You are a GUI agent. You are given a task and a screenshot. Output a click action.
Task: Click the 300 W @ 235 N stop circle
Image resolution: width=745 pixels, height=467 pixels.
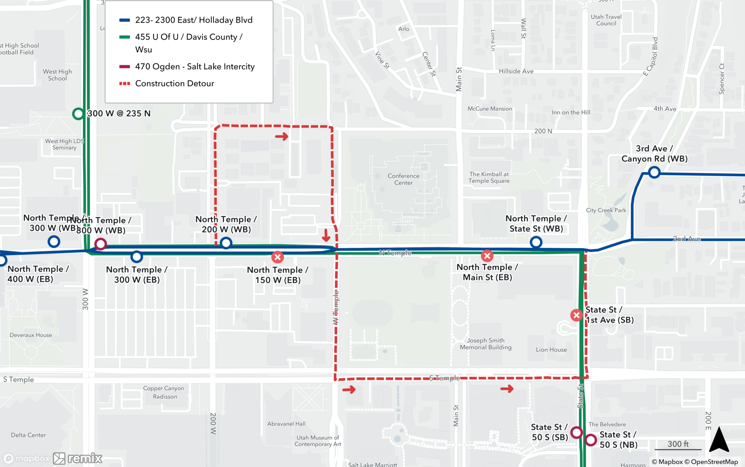click(x=78, y=114)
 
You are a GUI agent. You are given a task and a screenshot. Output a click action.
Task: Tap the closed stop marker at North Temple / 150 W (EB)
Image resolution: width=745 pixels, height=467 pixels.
click(x=278, y=257)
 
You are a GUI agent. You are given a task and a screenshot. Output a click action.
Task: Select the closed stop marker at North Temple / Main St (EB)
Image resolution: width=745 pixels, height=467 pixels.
click(x=487, y=256)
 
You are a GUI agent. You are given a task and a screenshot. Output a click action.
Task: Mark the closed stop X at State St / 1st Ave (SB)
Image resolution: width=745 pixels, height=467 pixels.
click(x=577, y=315)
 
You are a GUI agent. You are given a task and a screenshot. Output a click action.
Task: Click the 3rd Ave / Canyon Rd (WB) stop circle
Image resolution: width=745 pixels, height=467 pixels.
click(x=654, y=172)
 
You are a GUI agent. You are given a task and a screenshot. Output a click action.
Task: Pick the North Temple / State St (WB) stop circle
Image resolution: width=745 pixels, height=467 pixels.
click(x=536, y=242)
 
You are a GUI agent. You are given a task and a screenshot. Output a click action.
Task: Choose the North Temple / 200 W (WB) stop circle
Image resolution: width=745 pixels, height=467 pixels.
click(x=226, y=243)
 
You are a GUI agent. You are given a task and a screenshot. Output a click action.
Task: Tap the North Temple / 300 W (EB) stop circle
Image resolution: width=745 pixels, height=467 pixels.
click(x=137, y=257)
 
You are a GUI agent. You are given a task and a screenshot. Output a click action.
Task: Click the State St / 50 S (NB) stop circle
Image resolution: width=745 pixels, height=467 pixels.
click(x=591, y=440)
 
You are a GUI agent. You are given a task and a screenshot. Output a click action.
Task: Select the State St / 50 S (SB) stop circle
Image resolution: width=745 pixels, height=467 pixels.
click(x=577, y=432)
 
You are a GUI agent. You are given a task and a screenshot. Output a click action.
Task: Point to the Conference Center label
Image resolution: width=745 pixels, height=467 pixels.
click(x=403, y=179)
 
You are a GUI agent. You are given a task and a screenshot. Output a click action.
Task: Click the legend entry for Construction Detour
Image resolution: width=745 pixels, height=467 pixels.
click(x=174, y=83)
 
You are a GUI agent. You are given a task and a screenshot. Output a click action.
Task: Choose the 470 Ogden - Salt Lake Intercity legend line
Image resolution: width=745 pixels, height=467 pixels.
click(x=124, y=67)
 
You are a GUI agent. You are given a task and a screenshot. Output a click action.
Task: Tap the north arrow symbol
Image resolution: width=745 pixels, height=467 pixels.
click(x=719, y=440)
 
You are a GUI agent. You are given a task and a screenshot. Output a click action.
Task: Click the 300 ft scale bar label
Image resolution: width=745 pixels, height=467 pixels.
click(x=678, y=444)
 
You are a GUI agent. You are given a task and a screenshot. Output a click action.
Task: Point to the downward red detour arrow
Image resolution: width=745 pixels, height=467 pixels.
click(x=326, y=235)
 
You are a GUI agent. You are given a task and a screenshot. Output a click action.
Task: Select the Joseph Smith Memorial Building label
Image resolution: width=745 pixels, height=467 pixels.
click(x=485, y=344)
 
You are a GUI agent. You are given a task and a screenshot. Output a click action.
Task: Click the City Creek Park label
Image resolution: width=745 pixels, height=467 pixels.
click(x=606, y=210)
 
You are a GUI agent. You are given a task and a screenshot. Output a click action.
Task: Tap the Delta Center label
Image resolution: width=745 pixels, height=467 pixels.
click(x=28, y=435)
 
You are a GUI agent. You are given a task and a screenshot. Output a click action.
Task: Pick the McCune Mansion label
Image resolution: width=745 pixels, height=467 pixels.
click(x=489, y=109)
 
